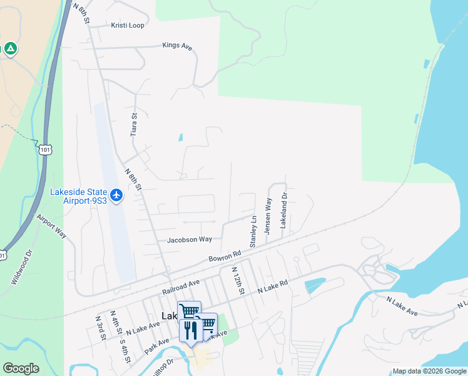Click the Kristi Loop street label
coord(128,26)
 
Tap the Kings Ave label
coord(177,46)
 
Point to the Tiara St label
coord(133,124)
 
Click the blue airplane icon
coord(116,196)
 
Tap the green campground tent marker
coord(11,48)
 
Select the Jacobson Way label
coord(190,239)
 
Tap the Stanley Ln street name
coord(253,232)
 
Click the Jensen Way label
coord(268,216)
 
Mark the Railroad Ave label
coord(180,288)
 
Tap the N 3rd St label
coord(99,326)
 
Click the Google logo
coord(21,368)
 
